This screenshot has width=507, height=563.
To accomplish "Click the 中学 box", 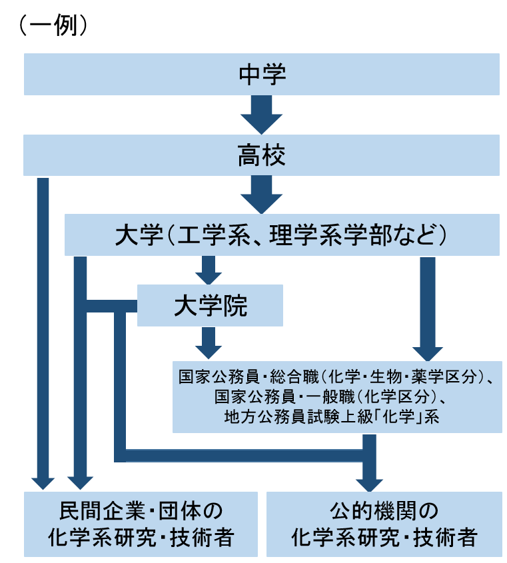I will tap(262, 74).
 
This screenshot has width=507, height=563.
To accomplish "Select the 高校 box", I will tap(262, 155).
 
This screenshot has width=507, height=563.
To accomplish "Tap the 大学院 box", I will tap(210, 306).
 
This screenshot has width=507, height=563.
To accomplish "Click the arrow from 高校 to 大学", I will tap(262, 195).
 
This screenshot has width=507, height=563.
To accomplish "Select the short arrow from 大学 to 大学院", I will tap(209, 270).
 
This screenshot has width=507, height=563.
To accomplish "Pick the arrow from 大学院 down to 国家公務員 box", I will tap(209, 343).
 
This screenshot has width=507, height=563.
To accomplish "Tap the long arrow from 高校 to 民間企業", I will tap(43, 333).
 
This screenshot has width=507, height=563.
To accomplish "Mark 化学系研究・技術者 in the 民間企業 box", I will tap(141, 537).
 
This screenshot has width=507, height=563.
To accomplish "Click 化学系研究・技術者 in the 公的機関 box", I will tap(384, 537).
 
